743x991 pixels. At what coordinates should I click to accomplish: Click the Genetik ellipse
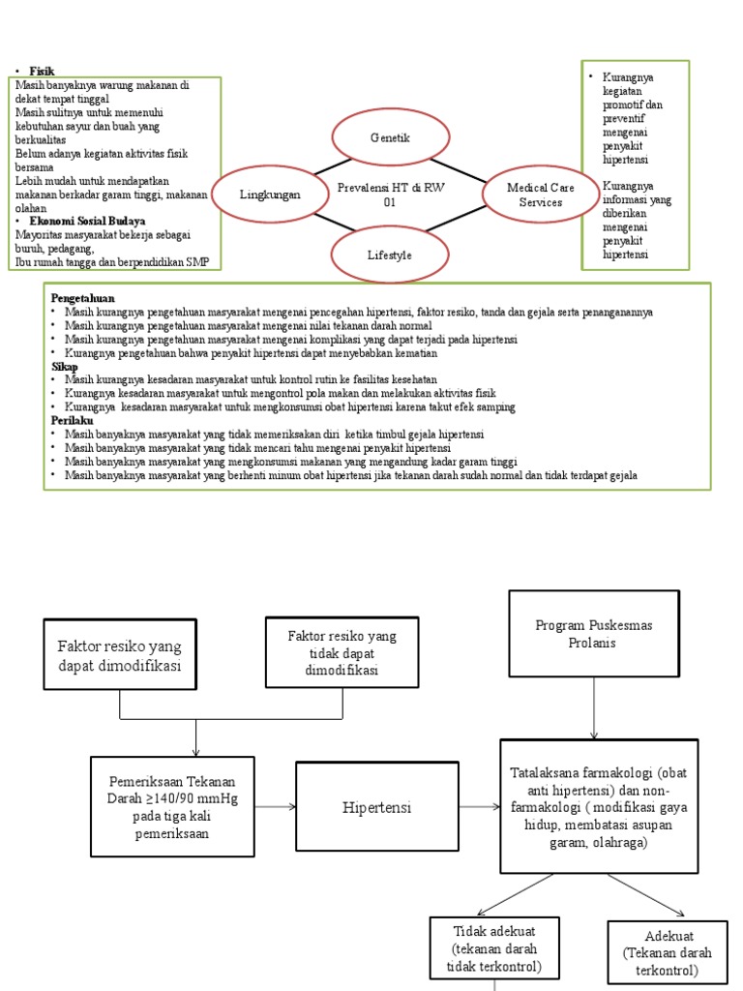[x=390, y=138]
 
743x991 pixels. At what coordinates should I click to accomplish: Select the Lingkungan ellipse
[x=270, y=195]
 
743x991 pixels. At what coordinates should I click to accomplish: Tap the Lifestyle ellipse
[x=390, y=255]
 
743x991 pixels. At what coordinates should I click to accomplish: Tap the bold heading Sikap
[x=64, y=368]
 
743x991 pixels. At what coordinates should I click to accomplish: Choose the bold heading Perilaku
[x=71, y=422]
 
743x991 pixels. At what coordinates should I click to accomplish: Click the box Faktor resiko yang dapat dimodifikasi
[x=119, y=655]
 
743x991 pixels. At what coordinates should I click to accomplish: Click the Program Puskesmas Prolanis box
[x=593, y=634]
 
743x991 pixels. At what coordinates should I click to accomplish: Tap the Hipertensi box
[x=375, y=806]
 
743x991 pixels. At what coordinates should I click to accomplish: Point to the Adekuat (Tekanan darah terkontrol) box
[x=666, y=952]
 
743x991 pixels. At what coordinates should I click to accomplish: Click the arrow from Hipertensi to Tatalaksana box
[x=478, y=806]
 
